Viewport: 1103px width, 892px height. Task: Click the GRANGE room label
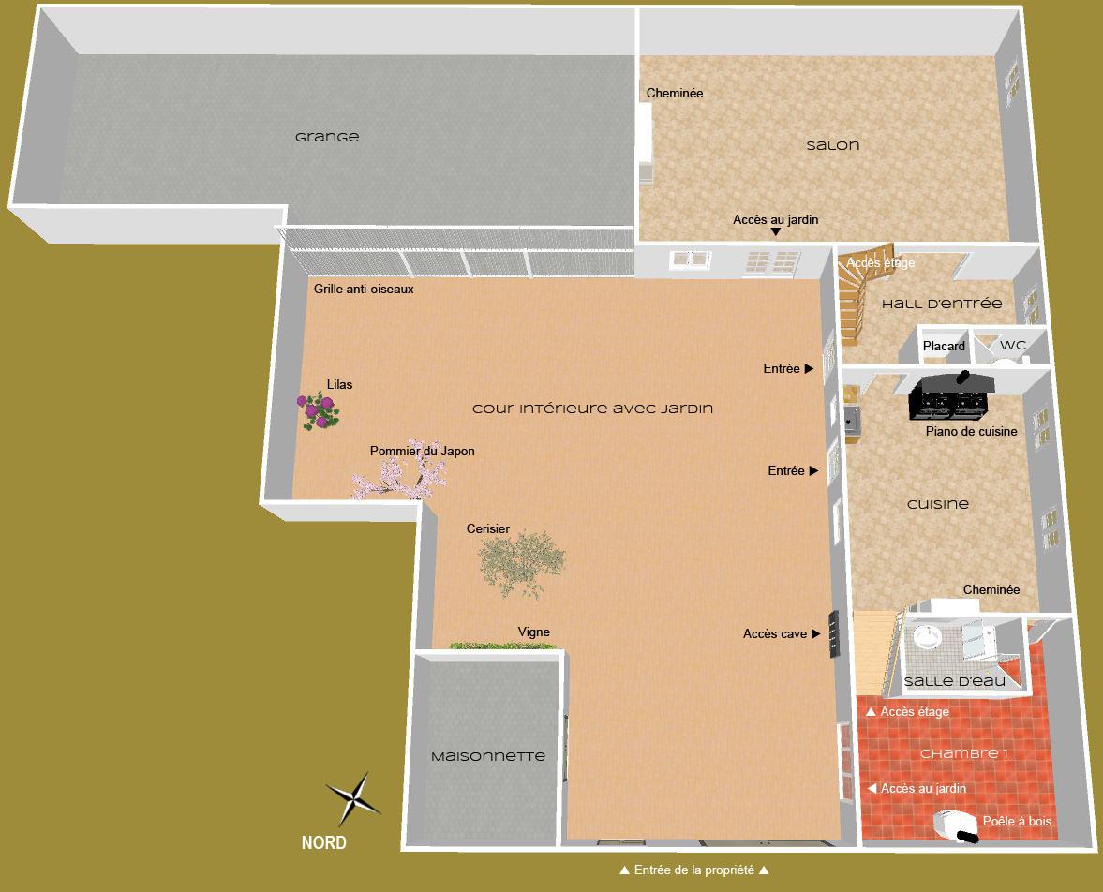tap(327, 137)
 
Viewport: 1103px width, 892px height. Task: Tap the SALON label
tap(832, 145)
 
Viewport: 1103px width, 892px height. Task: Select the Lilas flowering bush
tap(319, 409)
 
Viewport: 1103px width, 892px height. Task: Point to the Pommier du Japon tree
tap(394, 480)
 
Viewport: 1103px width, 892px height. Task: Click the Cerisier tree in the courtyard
tap(521, 561)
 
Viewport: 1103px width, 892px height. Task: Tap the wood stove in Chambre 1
tap(956, 825)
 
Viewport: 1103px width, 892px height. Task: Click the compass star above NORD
tap(353, 799)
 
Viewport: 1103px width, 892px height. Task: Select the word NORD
tap(323, 842)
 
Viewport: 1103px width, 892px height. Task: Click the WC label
tap(1013, 346)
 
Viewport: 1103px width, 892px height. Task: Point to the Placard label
tap(944, 347)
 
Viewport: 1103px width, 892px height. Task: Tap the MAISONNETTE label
tap(487, 756)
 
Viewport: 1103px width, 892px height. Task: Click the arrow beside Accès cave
tap(816, 634)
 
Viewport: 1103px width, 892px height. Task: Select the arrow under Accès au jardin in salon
tap(776, 232)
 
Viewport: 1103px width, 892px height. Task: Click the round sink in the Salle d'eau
tap(928, 635)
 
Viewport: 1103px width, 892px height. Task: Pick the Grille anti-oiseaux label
tap(365, 290)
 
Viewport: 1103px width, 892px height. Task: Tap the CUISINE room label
tap(938, 504)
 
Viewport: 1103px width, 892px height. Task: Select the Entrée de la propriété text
tap(693, 870)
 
